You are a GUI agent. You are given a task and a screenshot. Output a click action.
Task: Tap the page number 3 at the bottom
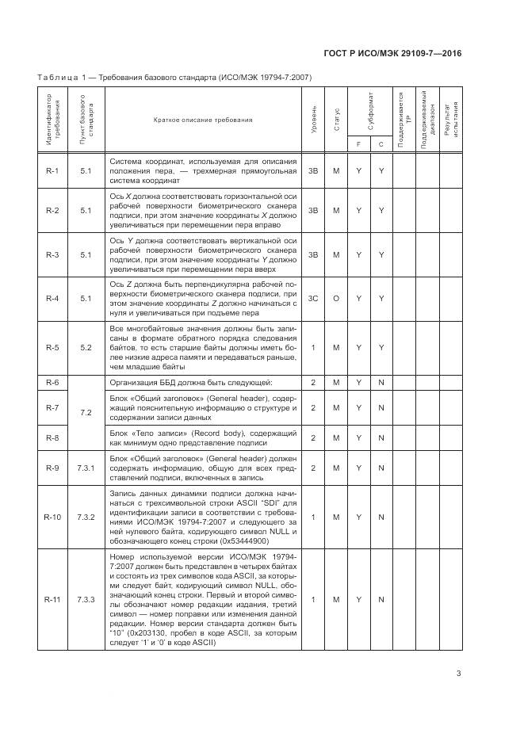tap(459, 674)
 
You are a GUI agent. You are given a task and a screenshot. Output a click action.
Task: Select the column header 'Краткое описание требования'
tap(204, 120)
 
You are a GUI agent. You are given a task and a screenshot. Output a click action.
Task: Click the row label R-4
tap(52, 299)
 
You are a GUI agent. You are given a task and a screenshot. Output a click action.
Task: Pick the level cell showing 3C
tap(314, 299)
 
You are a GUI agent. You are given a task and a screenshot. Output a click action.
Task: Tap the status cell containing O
tap(336, 299)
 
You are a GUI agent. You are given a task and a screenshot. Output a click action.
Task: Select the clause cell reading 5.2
tap(86, 348)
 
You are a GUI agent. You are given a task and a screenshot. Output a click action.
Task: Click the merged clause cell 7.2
tap(86, 413)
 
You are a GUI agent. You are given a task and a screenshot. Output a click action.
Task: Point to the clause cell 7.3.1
tap(86, 468)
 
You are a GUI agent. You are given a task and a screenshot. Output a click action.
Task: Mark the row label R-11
tap(52, 599)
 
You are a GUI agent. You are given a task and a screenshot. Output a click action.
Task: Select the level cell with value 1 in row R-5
tap(314, 348)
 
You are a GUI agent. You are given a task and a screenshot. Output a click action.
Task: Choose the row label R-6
tap(52, 383)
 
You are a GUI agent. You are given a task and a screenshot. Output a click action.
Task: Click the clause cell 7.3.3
tap(86, 599)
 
